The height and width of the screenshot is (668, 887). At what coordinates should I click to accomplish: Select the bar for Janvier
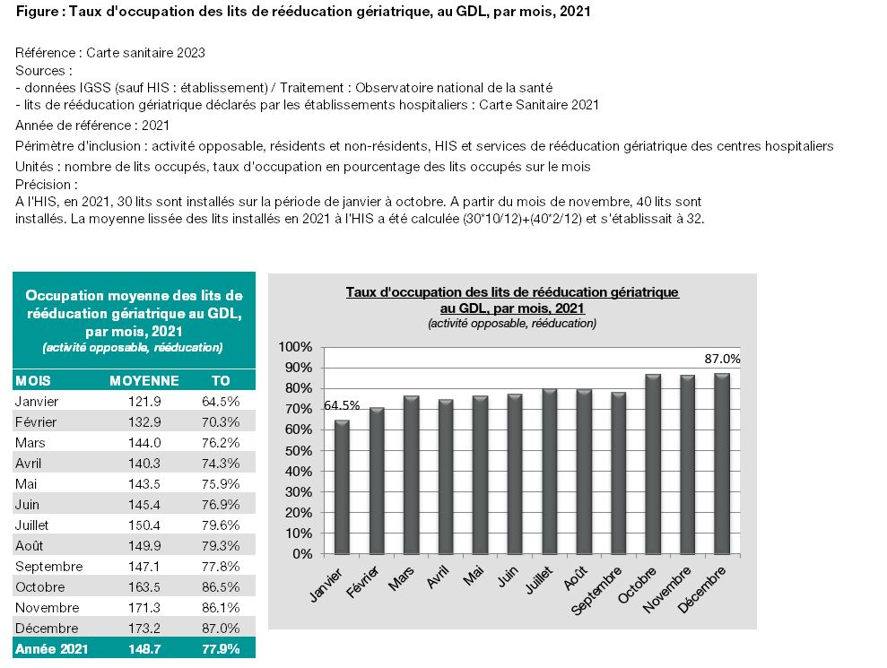(343, 487)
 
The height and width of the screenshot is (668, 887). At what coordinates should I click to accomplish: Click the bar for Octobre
(653, 464)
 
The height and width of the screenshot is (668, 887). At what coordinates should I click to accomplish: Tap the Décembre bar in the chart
(722, 464)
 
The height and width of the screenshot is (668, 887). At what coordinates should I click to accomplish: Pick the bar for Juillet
(549, 472)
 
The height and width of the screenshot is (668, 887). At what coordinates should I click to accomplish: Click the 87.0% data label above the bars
(722, 359)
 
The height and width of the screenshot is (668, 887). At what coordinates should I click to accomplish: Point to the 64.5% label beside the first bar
(342, 405)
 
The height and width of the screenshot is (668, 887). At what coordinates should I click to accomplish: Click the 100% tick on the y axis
(295, 347)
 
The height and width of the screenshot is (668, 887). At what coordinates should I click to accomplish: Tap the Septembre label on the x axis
(596, 590)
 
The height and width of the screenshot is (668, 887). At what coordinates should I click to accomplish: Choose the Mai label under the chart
(474, 577)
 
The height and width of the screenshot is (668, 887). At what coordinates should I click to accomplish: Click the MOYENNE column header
(144, 381)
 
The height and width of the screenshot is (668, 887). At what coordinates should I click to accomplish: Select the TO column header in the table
(221, 381)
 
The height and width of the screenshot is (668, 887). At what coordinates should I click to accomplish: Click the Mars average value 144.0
(144, 442)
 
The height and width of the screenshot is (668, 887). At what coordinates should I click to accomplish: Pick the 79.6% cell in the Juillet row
(221, 525)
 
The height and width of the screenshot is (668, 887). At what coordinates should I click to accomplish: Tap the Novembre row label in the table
(47, 608)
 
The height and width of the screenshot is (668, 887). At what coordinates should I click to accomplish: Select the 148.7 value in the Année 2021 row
(144, 649)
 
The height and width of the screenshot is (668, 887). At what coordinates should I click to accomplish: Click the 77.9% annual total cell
(221, 649)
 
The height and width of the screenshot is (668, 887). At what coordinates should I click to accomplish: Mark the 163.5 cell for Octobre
(144, 587)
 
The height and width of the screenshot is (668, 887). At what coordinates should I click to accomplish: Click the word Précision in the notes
(43, 185)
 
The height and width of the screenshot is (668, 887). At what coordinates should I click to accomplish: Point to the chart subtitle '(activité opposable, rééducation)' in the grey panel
(512, 324)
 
